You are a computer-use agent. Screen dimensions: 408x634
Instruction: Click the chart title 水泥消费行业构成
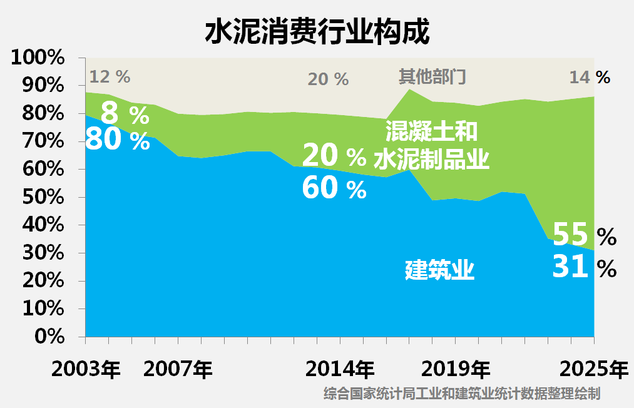(317, 31)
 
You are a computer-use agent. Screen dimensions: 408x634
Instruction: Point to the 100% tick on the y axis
(39, 58)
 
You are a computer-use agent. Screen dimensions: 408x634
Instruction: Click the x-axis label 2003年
(86, 369)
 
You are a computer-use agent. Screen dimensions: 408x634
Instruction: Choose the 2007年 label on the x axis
(178, 369)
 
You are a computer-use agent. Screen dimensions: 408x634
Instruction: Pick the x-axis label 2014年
(340, 369)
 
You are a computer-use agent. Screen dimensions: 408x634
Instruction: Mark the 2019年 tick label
(456, 369)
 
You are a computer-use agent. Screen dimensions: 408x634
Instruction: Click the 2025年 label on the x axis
(593, 369)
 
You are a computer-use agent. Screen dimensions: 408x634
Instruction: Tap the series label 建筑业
(439, 271)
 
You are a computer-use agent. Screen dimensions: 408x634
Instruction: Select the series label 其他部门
(432, 77)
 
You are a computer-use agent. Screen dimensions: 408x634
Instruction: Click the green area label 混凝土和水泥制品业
(431, 146)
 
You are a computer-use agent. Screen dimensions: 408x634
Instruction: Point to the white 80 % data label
(118, 140)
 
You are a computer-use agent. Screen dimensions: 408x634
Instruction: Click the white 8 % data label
(125, 115)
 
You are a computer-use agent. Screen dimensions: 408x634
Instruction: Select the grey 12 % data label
(110, 77)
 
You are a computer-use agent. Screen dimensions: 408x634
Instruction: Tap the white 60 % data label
(334, 188)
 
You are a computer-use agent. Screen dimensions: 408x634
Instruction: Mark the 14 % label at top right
(589, 77)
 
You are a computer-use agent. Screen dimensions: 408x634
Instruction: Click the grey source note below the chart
(463, 394)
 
